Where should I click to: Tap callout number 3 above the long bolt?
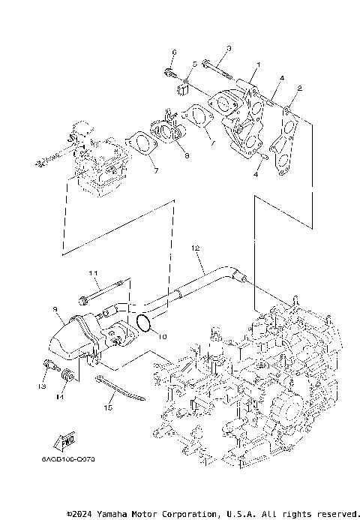(x=229, y=49)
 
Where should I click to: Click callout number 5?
(x=193, y=65)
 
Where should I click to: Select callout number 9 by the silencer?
(x=55, y=308)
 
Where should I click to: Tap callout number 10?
(x=159, y=337)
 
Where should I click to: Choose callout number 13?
(x=43, y=386)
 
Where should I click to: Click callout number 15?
(x=107, y=408)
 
